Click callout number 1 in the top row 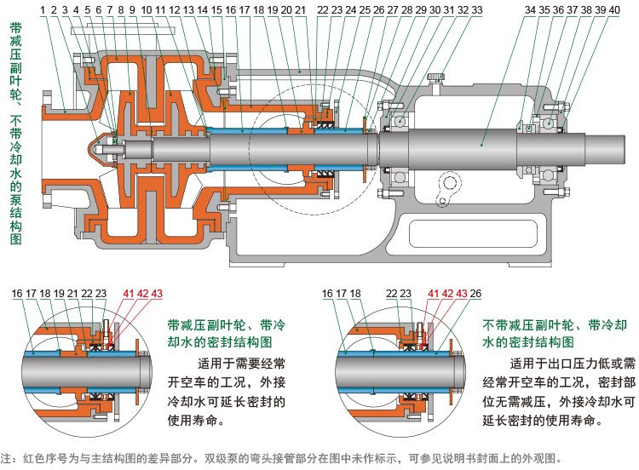pos(43,9)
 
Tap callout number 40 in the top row pos(614,9)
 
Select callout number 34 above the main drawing pos(530,9)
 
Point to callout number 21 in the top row pos(301,9)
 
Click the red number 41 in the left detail pos(129,293)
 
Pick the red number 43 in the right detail pos(461,293)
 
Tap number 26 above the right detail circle pos(475,293)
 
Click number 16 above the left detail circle pos(17,293)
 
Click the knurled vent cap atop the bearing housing pos(435,77)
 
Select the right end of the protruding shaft pos(624,149)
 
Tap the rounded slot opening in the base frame pos(474,234)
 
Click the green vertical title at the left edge pos(16,133)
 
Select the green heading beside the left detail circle pos(226,334)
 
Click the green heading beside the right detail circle pos(555,334)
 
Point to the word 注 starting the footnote pos(6,458)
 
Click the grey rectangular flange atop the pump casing pos(122,31)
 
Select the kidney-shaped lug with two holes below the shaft pos(448,190)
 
